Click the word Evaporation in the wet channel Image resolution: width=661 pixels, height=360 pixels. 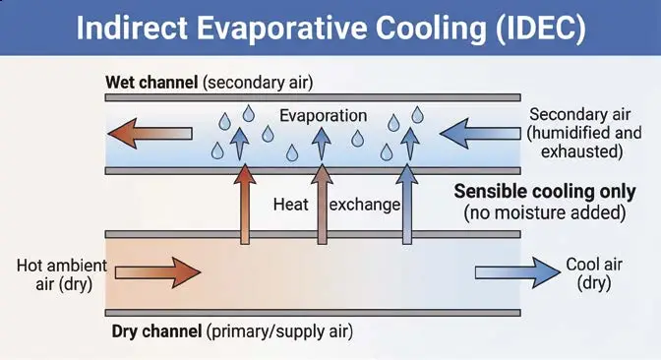[323, 116]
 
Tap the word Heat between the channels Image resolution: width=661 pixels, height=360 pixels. [291, 205]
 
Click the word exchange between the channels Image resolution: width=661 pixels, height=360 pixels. [365, 205]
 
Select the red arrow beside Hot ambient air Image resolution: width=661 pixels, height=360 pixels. [157, 272]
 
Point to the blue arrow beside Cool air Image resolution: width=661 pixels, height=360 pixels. [517, 272]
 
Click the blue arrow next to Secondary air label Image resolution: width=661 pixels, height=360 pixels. [480, 134]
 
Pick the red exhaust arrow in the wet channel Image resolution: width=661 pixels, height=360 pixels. [150, 134]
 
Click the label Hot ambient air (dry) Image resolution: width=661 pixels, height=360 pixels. [62, 274]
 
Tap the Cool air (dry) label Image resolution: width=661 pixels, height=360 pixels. [594, 273]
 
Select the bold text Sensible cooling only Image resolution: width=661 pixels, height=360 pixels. [545, 192]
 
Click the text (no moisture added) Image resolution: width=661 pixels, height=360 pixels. [545, 212]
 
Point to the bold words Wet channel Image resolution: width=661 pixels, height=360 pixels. [151, 83]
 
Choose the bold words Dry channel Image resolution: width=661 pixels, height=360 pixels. [156, 331]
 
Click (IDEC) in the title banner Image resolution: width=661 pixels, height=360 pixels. [541, 28]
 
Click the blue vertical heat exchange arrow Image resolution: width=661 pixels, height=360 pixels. [407, 204]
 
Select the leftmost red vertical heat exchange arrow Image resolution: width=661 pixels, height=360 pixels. [245, 204]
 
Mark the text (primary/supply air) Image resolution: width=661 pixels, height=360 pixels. [279, 331]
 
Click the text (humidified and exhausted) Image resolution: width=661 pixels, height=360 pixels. [584, 142]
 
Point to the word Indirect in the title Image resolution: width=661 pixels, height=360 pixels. [132, 28]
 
